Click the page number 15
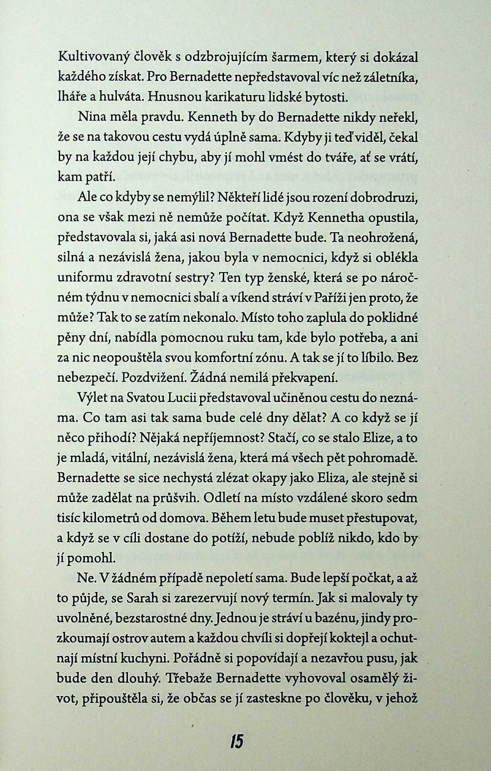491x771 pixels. pos(236,741)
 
